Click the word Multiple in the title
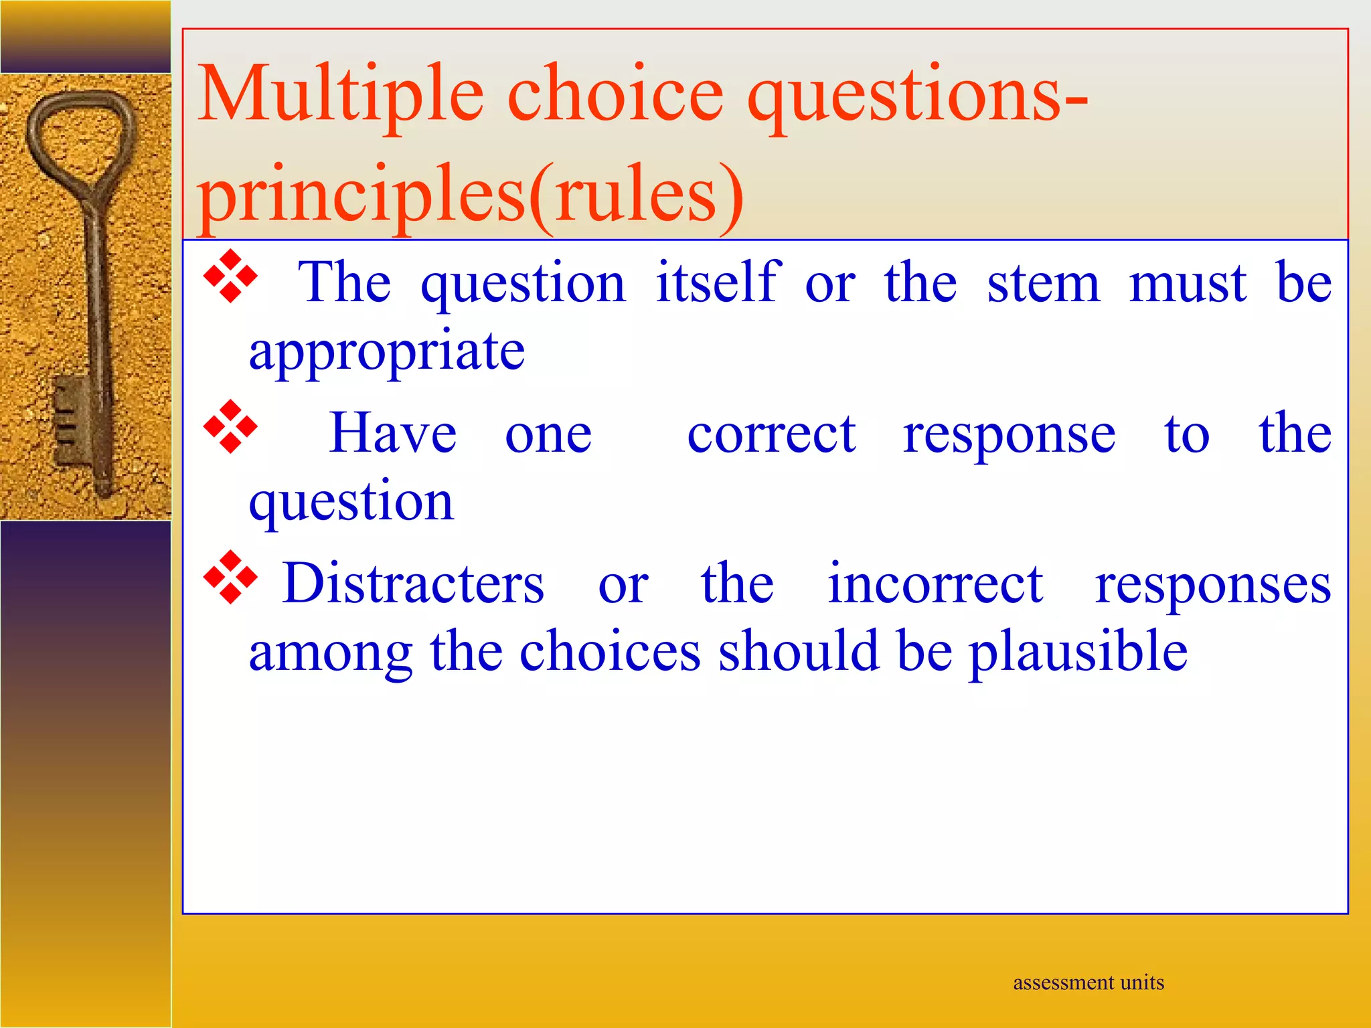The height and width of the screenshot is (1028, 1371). click(x=340, y=95)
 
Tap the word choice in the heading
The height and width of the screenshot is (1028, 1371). click(x=615, y=95)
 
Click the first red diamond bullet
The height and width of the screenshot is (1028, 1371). click(x=230, y=276)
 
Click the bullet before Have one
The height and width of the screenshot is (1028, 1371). click(x=230, y=426)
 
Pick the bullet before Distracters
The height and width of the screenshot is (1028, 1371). click(x=230, y=577)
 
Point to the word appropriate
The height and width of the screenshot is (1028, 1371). click(x=387, y=351)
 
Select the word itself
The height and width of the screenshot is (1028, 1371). click(x=718, y=282)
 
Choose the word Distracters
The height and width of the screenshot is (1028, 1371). click(x=413, y=584)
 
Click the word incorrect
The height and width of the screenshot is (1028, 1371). click(x=935, y=584)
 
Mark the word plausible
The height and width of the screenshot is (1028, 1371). click(x=1078, y=653)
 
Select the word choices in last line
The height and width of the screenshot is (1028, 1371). click(x=610, y=651)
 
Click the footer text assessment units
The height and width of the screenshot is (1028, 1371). click(x=1088, y=982)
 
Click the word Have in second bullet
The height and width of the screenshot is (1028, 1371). click(x=393, y=434)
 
